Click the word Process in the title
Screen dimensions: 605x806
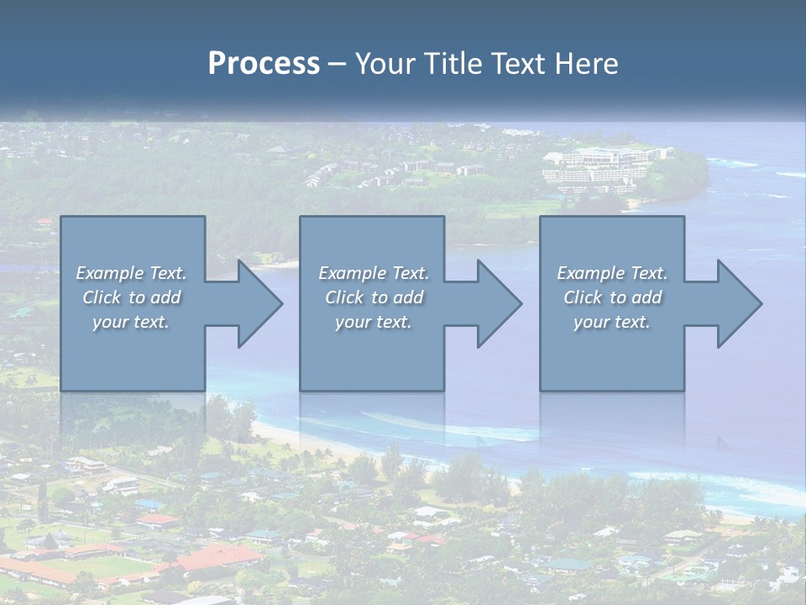pyautogui.click(x=264, y=64)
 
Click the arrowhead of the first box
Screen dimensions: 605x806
pyautogui.click(x=251, y=303)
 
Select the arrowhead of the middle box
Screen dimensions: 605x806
pyautogui.click(x=491, y=303)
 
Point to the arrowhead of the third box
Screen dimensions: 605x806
pyautogui.click(x=731, y=303)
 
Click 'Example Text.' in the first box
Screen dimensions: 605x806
pyautogui.click(x=131, y=273)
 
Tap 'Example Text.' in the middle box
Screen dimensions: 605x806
pyautogui.click(x=374, y=273)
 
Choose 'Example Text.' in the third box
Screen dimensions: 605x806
pyautogui.click(x=612, y=273)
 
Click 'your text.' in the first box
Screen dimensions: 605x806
pyautogui.click(x=131, y=322)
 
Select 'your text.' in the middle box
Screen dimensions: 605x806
pyautogui.click(x=374, y=322)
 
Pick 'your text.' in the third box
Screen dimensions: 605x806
pyautogui.click(x=612, y=322)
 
